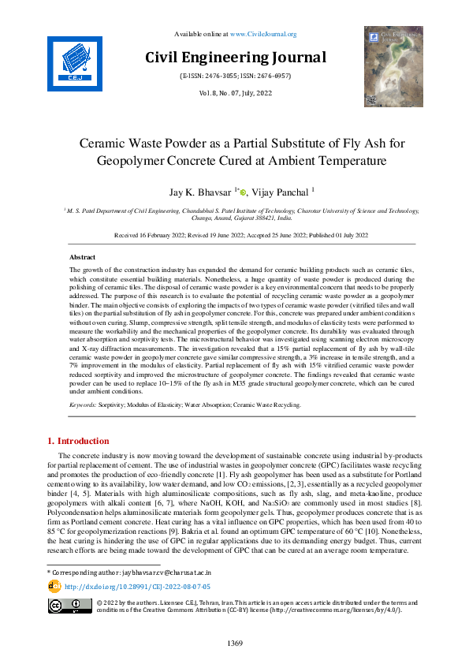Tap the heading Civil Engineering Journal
[234, 58]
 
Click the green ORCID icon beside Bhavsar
[244, 192]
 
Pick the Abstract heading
[83, 236]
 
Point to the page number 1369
[234, 644]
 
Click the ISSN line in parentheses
[234, 76]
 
